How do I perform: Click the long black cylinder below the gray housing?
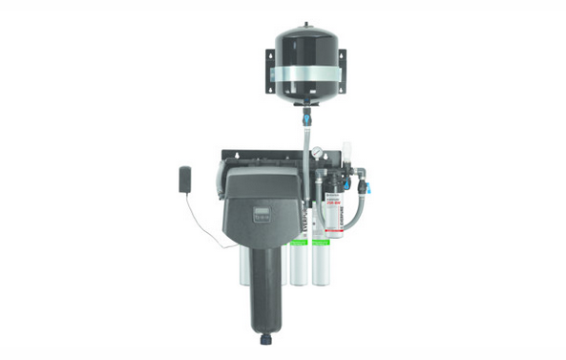[x=262, y=286]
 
